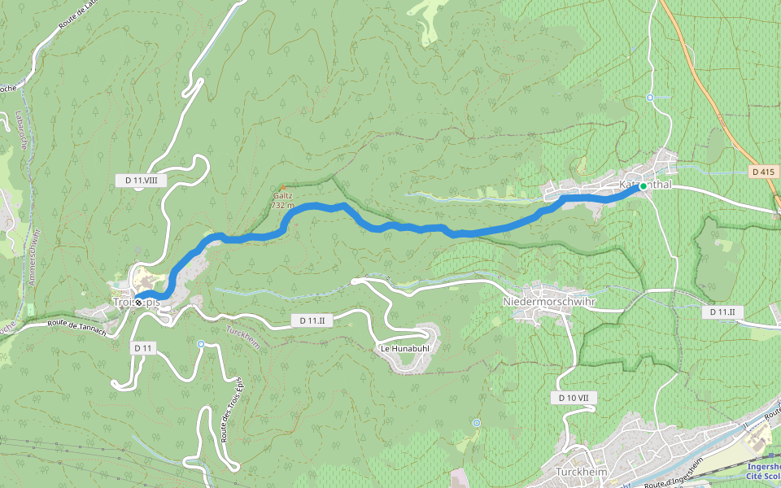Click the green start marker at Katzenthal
[643, 186]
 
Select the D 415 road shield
[763, 172]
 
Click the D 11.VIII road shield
[140, 181]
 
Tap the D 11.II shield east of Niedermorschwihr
[722, 312]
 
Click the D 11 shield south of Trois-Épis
[143, 347]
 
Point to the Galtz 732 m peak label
[283, 200]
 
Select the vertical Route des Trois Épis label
[231, 411]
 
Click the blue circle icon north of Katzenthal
[650, 98]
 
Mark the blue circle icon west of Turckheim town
[476, 423]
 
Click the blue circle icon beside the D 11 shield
[201, 344]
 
